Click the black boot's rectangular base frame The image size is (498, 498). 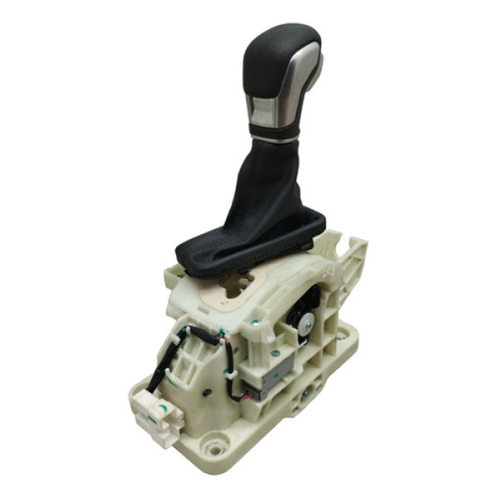coord(249,253)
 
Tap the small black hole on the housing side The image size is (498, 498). coord(204,391)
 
